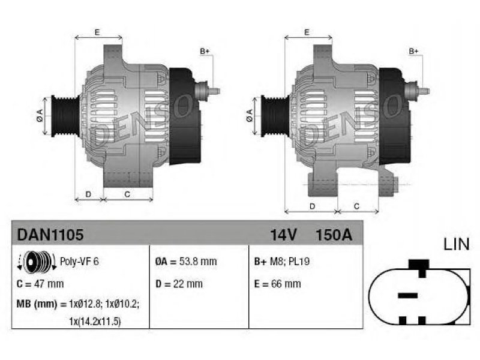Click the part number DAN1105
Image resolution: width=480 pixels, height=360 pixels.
coord(50,235)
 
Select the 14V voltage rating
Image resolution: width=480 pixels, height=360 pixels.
coord(283,235)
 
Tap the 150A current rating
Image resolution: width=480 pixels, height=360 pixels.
coord(334,235)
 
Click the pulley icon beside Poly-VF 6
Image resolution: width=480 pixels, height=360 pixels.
coord(37,262)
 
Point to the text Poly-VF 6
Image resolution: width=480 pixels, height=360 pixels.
coord(79,262)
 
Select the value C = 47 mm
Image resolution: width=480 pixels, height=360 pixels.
coord(40,284)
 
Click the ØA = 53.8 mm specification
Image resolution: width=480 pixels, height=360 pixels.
coord(186,262)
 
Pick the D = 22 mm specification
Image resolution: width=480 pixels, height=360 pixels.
coord(179,284)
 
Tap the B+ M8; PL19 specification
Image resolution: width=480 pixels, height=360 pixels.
coord(282,262)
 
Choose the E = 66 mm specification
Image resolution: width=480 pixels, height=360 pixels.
coord(277,284)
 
